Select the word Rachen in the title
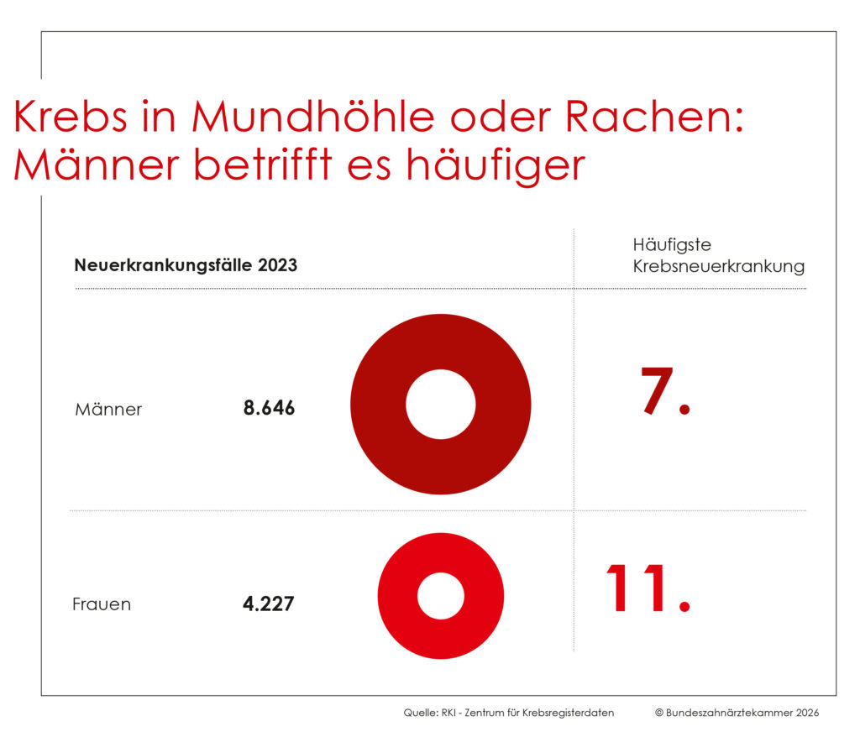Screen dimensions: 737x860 pos(653,117)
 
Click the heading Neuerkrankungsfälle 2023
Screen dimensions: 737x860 pos(186,266)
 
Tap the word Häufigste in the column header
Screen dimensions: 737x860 pos(672,245)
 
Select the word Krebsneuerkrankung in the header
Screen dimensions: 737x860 pos(718,267)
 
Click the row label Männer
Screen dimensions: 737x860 pos(108,410)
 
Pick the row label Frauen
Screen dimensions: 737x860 pos(102,604)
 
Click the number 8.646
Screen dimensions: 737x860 pos(269,409)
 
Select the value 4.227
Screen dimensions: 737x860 pos(268,604)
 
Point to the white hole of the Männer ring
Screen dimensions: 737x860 pos(440,404)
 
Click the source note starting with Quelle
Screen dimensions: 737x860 pos(509,713)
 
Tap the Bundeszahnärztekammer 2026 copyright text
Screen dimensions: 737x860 pos(737,713)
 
